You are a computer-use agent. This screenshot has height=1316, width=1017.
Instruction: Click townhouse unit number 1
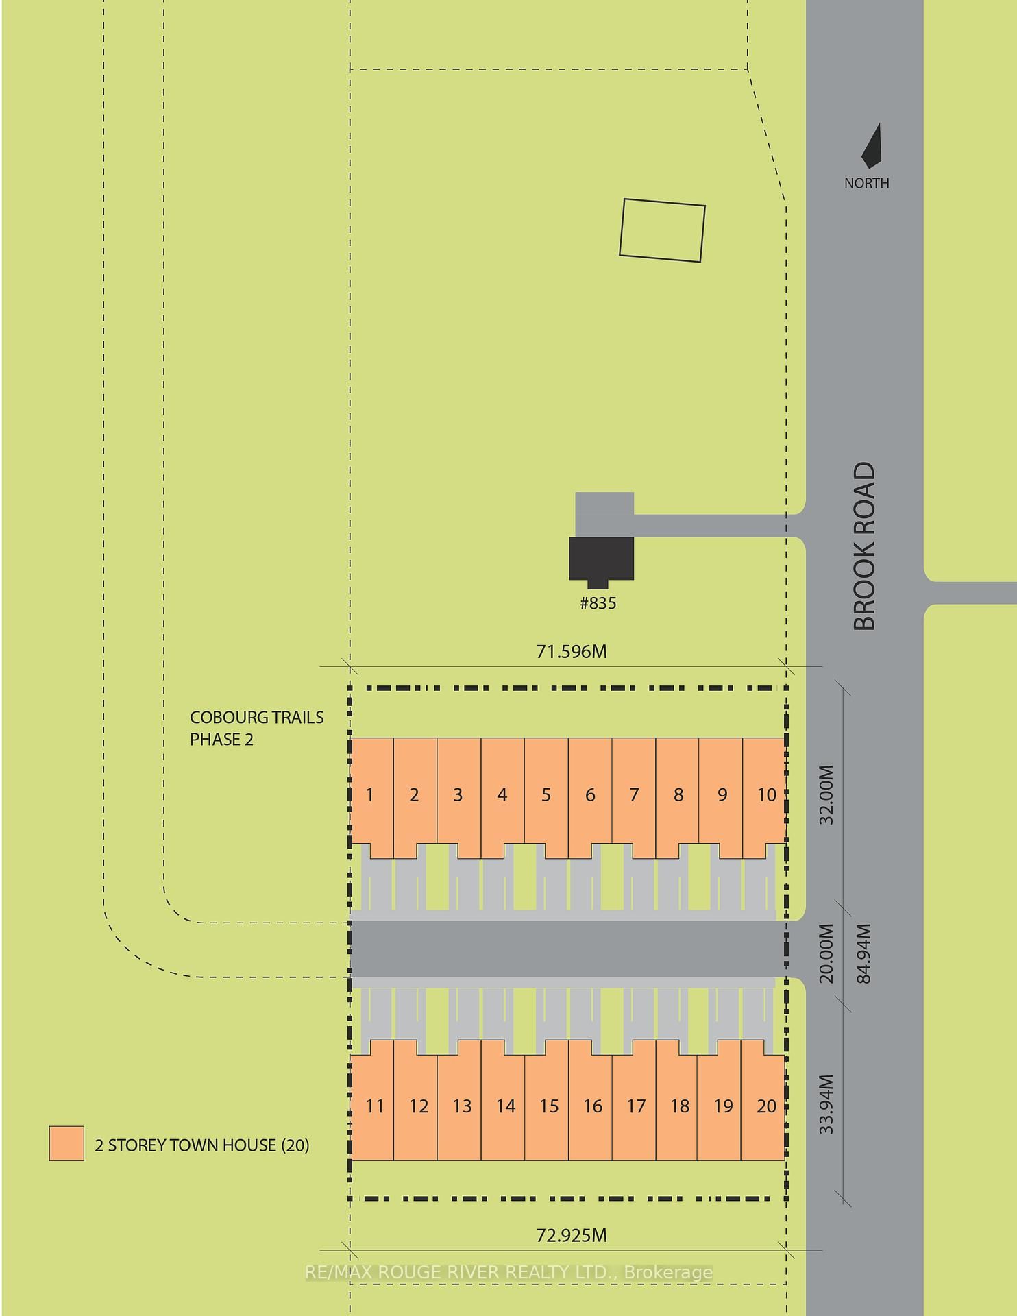click(371, 795)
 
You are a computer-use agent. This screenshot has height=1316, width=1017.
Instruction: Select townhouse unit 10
click(765, 795)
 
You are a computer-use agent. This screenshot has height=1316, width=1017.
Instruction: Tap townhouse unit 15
click(548, 1106)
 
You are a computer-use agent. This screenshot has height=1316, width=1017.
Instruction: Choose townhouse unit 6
click(590, 795)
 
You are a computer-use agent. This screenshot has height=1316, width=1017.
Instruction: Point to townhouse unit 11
click(373, 1106)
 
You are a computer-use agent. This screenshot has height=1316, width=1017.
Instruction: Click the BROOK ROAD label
click(865, 546)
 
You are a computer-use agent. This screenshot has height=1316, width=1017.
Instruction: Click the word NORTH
click(866, 183)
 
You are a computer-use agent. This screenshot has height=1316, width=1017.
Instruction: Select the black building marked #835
click(602, 559)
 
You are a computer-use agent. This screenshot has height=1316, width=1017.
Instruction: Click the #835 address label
click(598, 603)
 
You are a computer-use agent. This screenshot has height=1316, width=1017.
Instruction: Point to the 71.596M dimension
click(572, 651)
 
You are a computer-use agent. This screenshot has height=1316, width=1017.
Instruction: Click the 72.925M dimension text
click(572, 1235)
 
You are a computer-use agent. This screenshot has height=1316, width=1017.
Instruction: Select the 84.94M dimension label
click(864, 953)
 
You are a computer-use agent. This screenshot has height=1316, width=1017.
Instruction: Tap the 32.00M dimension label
click(827, 794)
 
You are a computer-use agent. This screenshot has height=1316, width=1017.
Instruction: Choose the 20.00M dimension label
click(827, 953)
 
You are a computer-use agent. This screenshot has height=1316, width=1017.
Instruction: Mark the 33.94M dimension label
click(827, 1104)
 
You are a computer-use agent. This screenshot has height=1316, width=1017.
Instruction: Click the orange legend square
click(66, 1143)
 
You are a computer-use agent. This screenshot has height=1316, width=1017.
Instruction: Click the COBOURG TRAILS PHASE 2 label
click(256, 728)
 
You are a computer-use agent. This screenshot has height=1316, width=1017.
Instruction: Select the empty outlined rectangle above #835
click(662, 230)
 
